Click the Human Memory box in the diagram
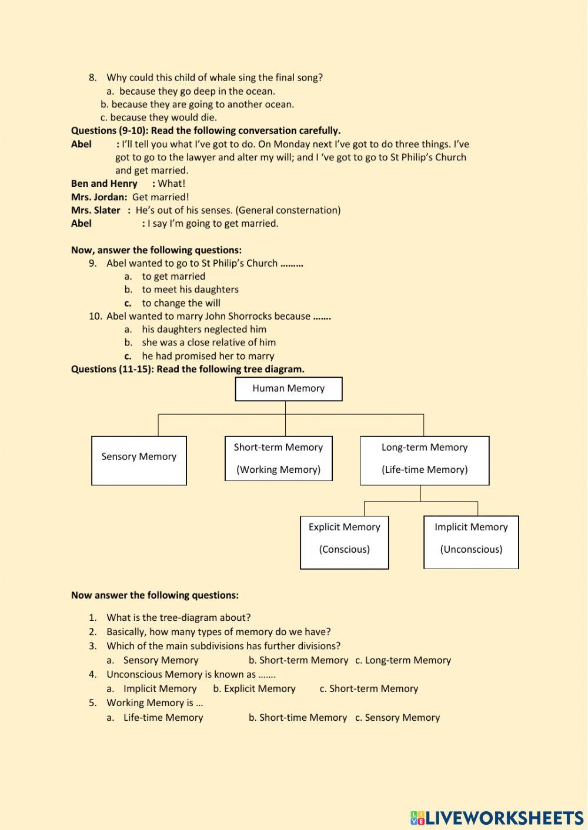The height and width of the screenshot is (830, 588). tap(288, 389)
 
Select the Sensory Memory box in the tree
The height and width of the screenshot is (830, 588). tap(139, 460)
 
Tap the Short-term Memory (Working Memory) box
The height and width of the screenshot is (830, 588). tap(278, 458)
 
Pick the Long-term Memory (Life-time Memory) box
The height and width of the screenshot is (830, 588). tap(424, 460)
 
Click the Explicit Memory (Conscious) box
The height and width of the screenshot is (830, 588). tap(344, 542)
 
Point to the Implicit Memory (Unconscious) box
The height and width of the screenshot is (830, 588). tap(471, 542)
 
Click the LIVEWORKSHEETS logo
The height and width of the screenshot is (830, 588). tap(497, 817)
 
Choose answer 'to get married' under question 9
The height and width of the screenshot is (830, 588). tap(173, 276)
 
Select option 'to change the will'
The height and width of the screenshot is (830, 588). tap(181, 303)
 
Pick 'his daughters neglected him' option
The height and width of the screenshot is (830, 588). tap(203, 330)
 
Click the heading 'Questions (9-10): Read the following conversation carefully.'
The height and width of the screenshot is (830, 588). tap(206, 130)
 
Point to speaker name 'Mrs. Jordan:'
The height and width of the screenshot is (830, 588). tap(99, 197)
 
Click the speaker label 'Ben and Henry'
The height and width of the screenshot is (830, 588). tap(104, 184)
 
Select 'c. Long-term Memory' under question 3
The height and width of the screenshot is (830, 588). tap(403, 660)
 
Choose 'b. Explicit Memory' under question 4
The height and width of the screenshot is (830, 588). tap(254, 688)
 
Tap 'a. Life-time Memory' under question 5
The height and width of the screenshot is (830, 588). tap(155, 717)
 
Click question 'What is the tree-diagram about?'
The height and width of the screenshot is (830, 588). tap(178, 617)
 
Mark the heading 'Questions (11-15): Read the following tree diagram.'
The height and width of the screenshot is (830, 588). tap(188, 369)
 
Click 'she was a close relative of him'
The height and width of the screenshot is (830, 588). tap(208, 342)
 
